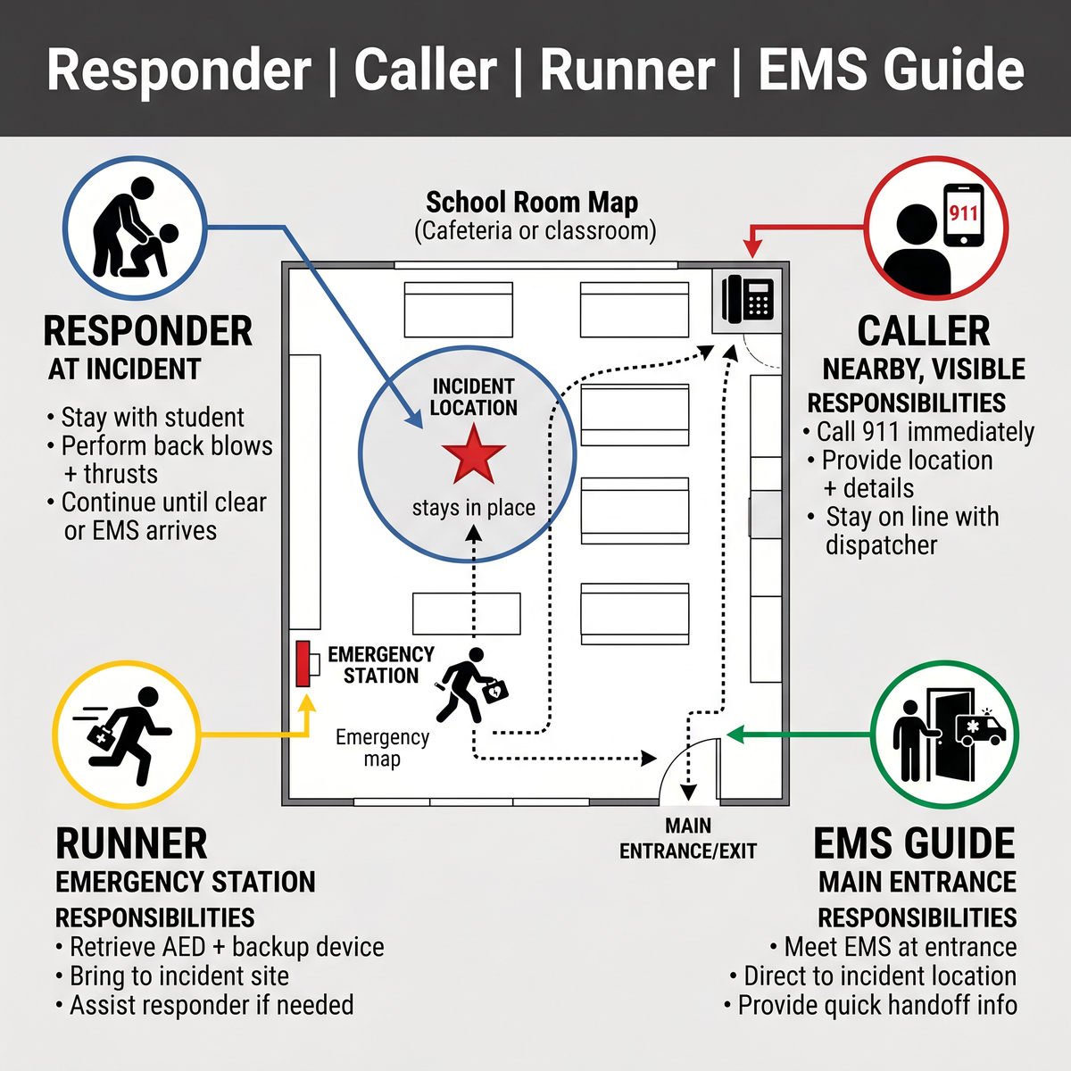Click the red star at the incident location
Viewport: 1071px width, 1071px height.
tap(474, 455)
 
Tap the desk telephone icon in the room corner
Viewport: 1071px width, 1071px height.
tap(748, 299)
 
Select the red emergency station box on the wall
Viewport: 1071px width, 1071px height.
tap(303, 664)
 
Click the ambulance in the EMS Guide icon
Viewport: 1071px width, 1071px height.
tap(980, 728)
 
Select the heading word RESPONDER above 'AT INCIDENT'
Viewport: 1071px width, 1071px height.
tap(148, 331)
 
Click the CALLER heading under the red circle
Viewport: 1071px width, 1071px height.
tap(923, 331)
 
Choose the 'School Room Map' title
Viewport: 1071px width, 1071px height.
tap(532, 203)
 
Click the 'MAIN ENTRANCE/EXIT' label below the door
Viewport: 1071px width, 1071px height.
tap(688, 838)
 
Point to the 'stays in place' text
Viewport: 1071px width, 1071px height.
tap(474, 508)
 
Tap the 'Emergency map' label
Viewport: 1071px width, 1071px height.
tap(382, 748)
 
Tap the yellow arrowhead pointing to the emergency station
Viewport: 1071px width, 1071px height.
tap(306, 702)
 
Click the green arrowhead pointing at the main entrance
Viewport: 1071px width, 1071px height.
tap(735, 735)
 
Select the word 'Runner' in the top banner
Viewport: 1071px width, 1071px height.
tap(627, 70)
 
